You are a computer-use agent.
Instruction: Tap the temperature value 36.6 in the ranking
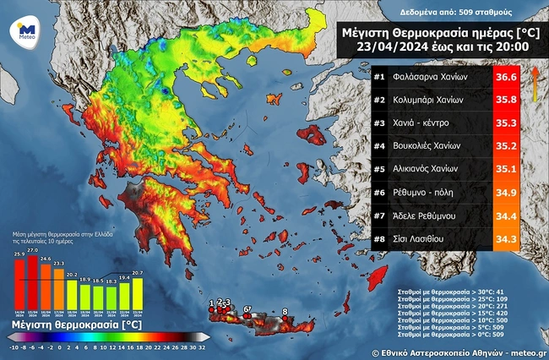(505, 79)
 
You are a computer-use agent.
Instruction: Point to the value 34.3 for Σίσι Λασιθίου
(505, 240)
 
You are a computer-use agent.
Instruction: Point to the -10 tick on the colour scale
(12, 346)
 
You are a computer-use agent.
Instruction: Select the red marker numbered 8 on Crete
(285, 318)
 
